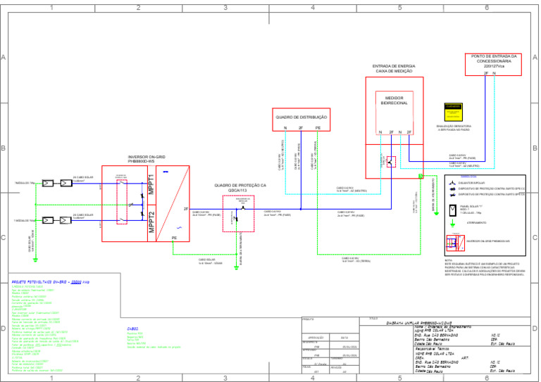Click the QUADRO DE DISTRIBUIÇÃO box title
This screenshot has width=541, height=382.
[x=301, y=117]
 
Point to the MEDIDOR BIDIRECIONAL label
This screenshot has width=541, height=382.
[x=394, y=101]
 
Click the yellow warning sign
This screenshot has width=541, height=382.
[x=452, y=113]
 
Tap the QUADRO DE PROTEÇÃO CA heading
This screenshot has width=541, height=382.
[x=240, y=186]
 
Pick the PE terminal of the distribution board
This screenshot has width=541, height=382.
[x=318, y=127]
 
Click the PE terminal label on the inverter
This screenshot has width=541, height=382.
[x=175, y=238]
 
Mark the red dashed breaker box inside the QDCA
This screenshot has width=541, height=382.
[x=237, y=215]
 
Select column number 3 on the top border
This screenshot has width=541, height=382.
[x=225, y=7]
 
